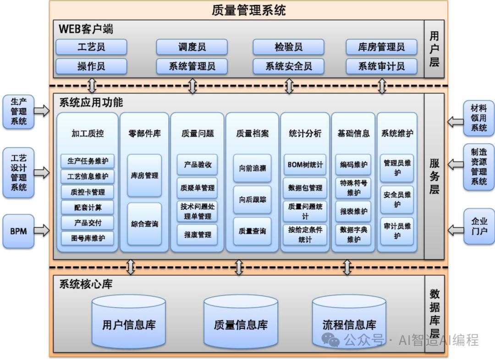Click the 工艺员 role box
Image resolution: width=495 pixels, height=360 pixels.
[x=91, y=47]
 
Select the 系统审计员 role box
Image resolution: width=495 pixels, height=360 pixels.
[x=381, y=66]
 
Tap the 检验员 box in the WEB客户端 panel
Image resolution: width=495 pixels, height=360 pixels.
[x=288, y=47]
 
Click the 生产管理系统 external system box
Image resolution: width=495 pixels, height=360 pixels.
[x=18, y=111]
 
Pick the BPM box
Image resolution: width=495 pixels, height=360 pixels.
[x=18, y=231]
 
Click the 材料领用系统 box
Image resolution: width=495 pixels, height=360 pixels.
[x=479, y=118]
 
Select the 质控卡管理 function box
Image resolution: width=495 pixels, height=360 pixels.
[x=88, y=192]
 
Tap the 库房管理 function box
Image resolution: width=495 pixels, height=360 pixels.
[x=144, y=175]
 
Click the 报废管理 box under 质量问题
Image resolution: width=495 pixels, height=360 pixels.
[x=198, y=235]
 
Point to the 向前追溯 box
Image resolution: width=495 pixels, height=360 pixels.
[x=252, y=168]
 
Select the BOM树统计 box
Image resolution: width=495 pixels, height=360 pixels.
[x=305, y=164]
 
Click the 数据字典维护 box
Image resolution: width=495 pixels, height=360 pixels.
[x=353, y=235]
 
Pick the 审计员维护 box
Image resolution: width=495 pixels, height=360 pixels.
[x=397, y=231]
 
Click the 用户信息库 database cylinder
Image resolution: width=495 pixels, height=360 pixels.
[x=129, y=322]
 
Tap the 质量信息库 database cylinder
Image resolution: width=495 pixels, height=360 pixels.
[x=241, y=322]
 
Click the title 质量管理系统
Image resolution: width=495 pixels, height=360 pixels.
[x=249, y=10]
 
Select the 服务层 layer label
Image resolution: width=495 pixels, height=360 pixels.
[x=434, y=176]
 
